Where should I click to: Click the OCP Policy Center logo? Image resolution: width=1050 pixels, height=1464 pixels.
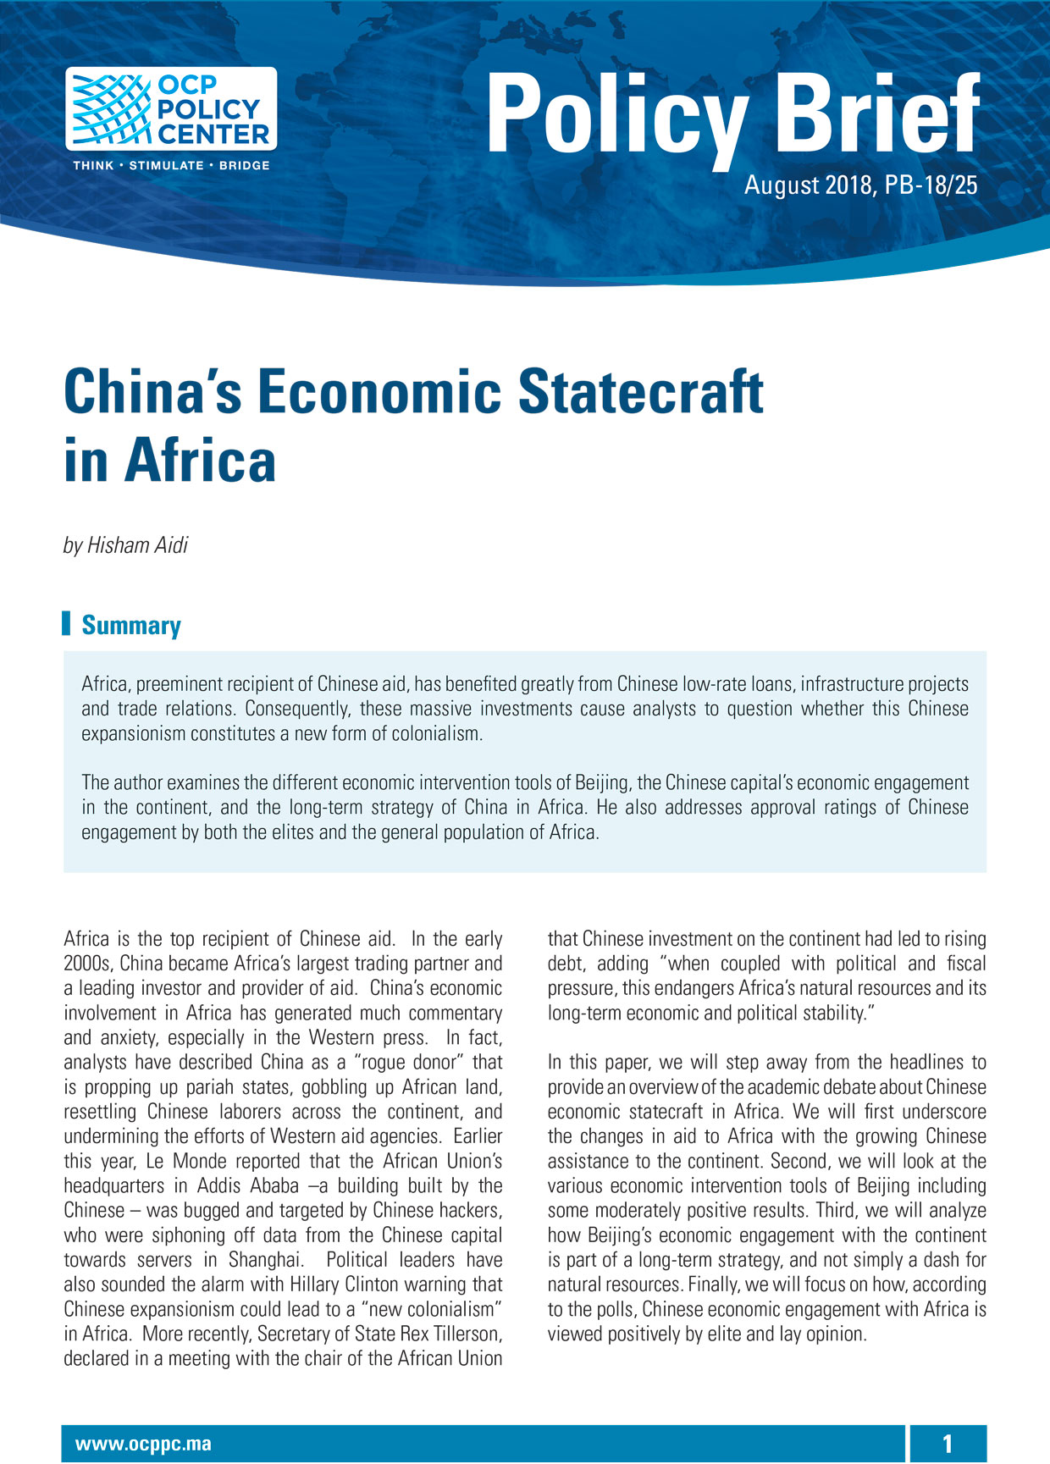(x=171, y=109)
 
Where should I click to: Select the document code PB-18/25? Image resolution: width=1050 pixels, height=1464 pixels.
(x=931, y=185)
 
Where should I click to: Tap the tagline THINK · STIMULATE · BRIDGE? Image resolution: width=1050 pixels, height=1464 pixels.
(x=171, y=165)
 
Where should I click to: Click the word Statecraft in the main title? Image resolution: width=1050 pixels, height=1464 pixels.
(x=640, y=393)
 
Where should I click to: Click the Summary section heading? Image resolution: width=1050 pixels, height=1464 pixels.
(x=131, y=626)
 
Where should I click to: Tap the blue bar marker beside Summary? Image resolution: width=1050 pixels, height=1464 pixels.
(x=67, y=623)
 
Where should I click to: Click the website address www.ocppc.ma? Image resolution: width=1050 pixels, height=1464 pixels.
(x=143, y=1445)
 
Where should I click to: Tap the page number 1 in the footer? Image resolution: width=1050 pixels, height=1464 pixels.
(x=948, y=1445)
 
